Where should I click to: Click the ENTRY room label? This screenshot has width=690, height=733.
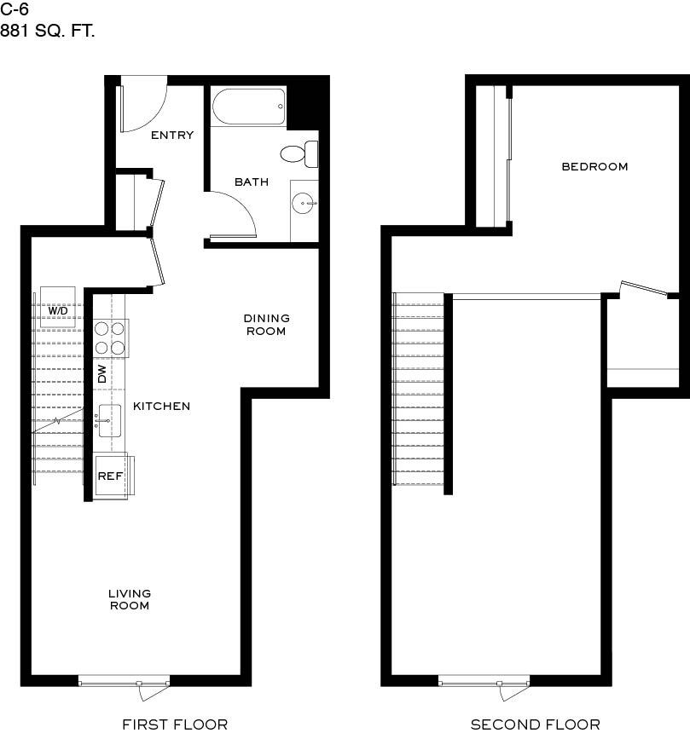point(172,136)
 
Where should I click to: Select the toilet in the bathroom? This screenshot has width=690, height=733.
point(298,154)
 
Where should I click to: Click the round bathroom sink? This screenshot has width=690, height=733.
point(302,204)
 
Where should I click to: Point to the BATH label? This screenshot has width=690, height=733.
point(252,182)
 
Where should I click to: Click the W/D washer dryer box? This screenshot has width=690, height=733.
point(58,311)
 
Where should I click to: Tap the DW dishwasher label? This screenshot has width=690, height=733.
point(102,373)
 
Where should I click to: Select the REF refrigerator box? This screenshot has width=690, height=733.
point(110,476)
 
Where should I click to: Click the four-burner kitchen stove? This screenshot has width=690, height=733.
point(110,338)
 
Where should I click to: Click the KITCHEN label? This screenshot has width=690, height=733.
point(161,407)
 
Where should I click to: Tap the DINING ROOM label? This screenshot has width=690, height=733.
point(267,324)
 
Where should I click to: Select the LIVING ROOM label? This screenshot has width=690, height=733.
point(130,599)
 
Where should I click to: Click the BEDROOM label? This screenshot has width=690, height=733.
point(594,166)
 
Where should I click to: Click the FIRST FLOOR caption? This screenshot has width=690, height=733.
point(175,724)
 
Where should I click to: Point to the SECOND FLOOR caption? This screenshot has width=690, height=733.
point(536,724)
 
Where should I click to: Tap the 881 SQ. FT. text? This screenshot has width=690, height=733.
point(48,32)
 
